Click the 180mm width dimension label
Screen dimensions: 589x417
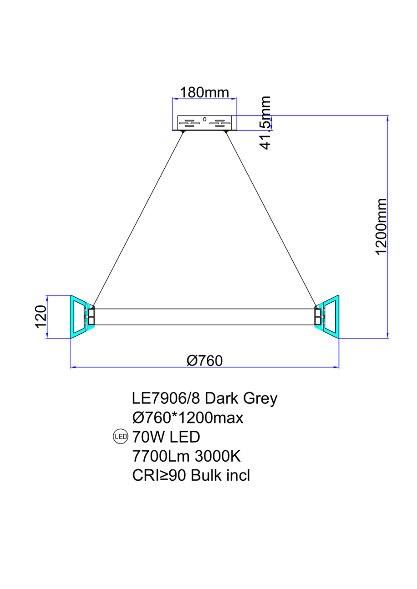click(204, 92)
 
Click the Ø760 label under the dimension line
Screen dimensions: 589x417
click(205, 361)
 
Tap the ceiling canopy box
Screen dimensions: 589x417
click(205, 123)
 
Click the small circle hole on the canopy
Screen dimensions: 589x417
click(204, 119)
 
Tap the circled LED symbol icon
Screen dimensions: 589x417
click(120, 437)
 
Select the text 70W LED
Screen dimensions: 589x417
click(166, 437)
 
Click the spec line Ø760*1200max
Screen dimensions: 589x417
click(187, 418)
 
